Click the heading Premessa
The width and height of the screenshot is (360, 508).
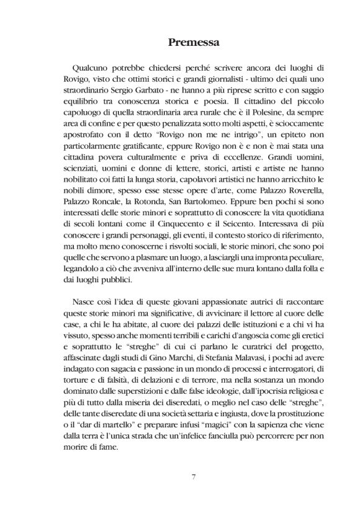click(179, 43)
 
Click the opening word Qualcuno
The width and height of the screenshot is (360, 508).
click(91, 65)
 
